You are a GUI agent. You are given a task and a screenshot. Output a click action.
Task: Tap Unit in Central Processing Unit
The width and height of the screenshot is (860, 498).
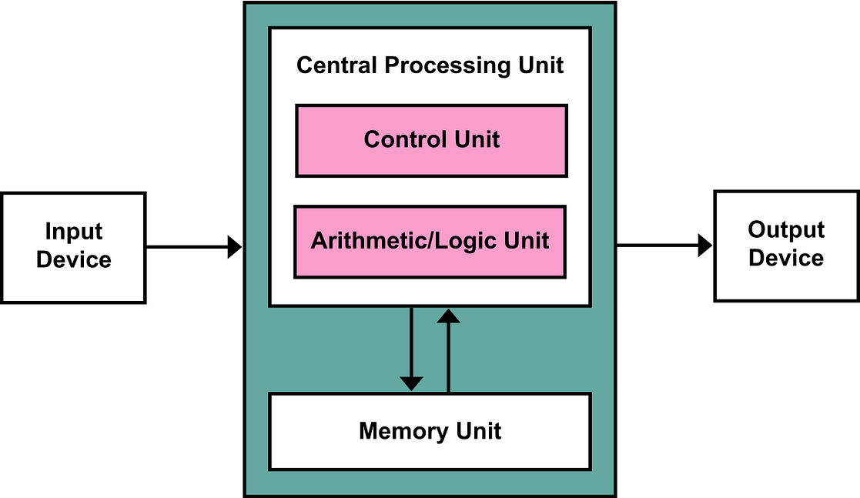[x=540, y=65]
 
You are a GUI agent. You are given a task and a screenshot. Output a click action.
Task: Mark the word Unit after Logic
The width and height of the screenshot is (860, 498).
[x=527, y=240]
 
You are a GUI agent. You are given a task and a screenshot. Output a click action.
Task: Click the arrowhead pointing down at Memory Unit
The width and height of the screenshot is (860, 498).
[x=412, y=383]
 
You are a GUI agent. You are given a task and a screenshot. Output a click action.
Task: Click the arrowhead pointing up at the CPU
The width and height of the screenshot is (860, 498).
[x=448, y=315]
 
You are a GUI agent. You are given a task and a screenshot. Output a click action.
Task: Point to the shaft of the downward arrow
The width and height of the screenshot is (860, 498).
[x=412, y=339]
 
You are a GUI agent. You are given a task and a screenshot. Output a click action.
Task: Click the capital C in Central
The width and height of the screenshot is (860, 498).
[x=304, y=65]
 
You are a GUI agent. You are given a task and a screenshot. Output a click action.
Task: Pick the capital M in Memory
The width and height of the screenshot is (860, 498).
[x=368, y=430]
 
